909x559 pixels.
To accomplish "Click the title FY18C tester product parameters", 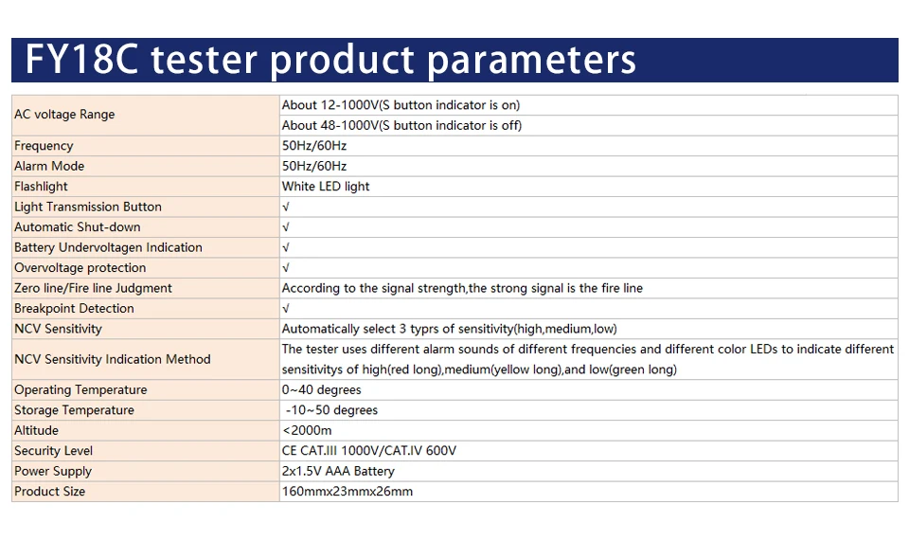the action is [330, 61].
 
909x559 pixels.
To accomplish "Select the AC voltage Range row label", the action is [64, 115].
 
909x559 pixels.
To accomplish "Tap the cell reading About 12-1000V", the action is [401, 105].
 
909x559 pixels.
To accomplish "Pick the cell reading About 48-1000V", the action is [401, 125].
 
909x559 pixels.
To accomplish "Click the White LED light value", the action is [325, 186].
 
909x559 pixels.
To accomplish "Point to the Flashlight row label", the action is [41, 186].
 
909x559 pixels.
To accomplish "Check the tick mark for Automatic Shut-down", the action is [285, 226].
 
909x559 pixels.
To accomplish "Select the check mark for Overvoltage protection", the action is [285, 267].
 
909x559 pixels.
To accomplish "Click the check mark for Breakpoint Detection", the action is [285, 308].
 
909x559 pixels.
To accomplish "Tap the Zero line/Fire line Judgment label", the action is [93, 288].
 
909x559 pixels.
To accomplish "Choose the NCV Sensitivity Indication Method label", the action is [113, 359].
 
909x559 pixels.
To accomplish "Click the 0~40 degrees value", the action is [321, 389].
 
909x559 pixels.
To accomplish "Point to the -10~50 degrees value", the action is [331, 410].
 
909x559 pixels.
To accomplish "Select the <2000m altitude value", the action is [307, 430].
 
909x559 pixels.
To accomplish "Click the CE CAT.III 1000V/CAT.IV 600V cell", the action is [368, 451].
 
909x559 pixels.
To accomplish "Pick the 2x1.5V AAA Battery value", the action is [338, 471].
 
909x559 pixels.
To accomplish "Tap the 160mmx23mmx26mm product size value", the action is [348, 491].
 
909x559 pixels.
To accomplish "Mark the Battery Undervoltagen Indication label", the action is [108, 247].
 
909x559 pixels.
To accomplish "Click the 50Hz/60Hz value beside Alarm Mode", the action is [314, 166].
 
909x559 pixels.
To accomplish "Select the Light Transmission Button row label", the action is [88, 207].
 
